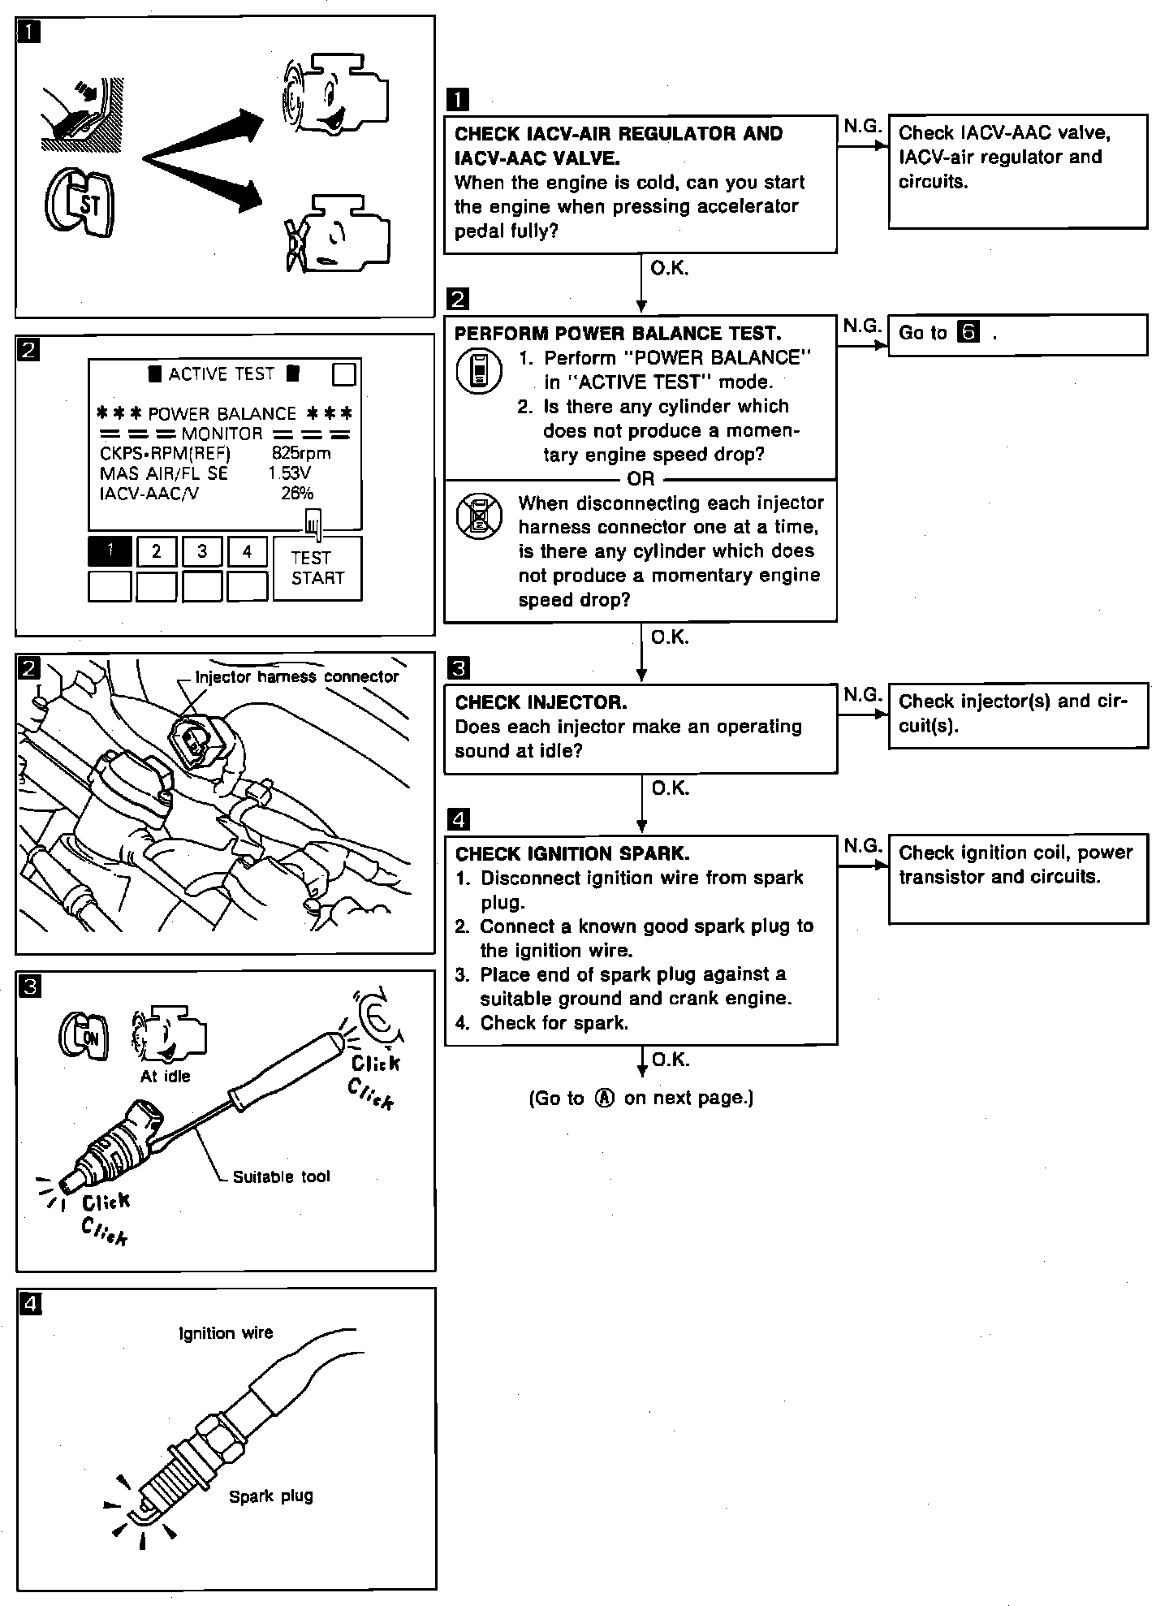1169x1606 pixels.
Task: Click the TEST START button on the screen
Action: (317, 568)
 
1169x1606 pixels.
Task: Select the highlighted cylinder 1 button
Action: (110, 551)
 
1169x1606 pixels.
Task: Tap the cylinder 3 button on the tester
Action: (202, 551)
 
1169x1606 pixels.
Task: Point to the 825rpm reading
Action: (301, 453)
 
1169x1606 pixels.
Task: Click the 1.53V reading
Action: (290, 473)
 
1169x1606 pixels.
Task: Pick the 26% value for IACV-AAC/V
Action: (297, 493)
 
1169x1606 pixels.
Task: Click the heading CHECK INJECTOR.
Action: (541, 702)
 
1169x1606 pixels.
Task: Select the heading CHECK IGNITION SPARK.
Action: (572, 853)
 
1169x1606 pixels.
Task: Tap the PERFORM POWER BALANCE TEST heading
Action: (617, 334)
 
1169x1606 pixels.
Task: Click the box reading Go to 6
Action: (1017, 335)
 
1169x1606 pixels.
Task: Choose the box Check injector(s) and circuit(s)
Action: (1017, 714)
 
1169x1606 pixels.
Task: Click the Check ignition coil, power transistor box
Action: (1017, 877)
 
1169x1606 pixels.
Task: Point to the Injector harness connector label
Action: (297, 676)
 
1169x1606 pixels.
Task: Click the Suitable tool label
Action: (281, 1176)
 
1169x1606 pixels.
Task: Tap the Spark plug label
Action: (270, 1496)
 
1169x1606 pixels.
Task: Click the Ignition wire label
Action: (226, 1332)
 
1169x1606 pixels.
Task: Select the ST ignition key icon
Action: (79, 203)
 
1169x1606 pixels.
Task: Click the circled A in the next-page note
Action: (604, 1098)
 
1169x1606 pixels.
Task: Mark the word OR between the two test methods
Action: (641, 479)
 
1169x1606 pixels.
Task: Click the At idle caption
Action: (165, 1076)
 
